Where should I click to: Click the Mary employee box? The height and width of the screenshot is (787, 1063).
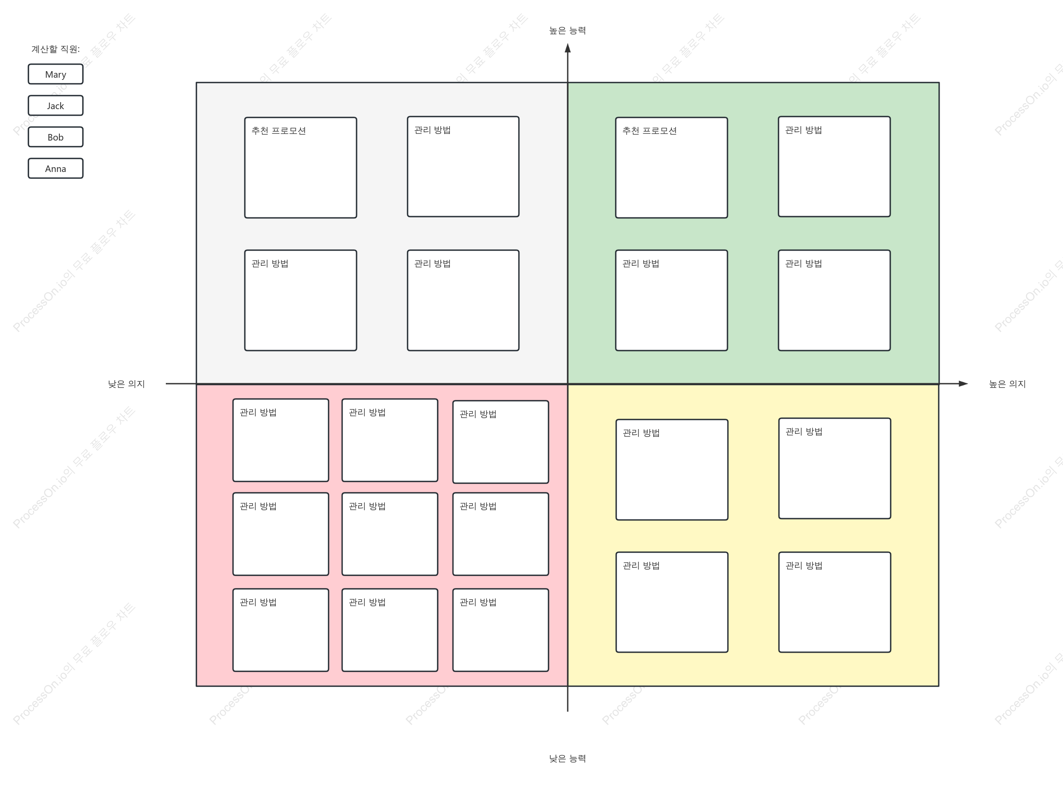(55, 74)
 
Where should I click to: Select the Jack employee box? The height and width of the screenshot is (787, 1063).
(55, 106)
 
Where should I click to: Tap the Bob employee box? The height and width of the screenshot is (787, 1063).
(55, 137)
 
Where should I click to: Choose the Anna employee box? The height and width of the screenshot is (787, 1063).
(55, 168)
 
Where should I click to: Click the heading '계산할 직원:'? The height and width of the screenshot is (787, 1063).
(56, 49)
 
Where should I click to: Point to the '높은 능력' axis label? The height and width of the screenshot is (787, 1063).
(567, 31)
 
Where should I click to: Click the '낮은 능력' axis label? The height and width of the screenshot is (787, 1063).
(567, 759)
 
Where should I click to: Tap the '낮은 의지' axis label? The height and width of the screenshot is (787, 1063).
(126, 384)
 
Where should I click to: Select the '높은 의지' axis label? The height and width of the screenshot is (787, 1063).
(1007, 384)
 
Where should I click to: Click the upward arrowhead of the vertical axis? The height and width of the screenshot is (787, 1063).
(568, 48)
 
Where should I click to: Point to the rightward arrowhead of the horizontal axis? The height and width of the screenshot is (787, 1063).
(963, 384)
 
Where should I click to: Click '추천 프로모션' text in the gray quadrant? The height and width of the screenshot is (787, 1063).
(278, 131)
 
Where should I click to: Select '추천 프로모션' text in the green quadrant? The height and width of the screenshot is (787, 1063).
(650, 131)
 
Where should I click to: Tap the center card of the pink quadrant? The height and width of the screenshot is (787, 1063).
(390, 534)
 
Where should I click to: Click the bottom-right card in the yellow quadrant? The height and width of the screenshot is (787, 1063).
(834, 602)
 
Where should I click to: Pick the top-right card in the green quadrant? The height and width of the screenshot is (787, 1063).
(834, 167)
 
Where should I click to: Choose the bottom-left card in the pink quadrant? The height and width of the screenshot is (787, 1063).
(281, 630)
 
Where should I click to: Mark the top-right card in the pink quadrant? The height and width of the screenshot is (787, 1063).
(501, 442)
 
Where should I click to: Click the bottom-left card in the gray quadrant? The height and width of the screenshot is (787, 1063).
(301, 301)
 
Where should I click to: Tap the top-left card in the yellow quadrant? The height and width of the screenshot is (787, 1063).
(672, 470)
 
